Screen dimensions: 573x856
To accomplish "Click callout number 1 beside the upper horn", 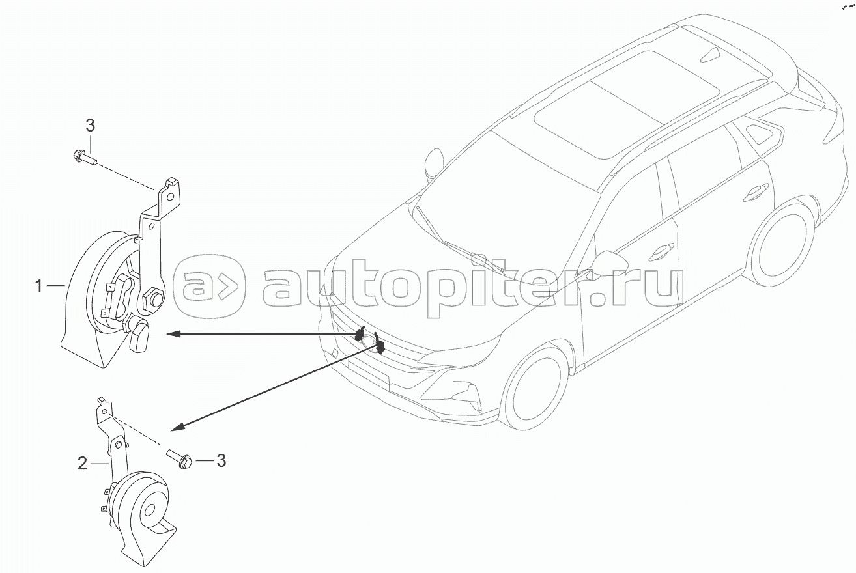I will [40, 285].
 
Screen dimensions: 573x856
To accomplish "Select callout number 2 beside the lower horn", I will [82, 464].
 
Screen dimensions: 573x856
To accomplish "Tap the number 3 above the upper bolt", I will [91, 126].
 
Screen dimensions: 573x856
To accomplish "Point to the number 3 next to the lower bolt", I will [221, 461].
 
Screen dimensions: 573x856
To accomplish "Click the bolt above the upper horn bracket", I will [81, 157].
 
